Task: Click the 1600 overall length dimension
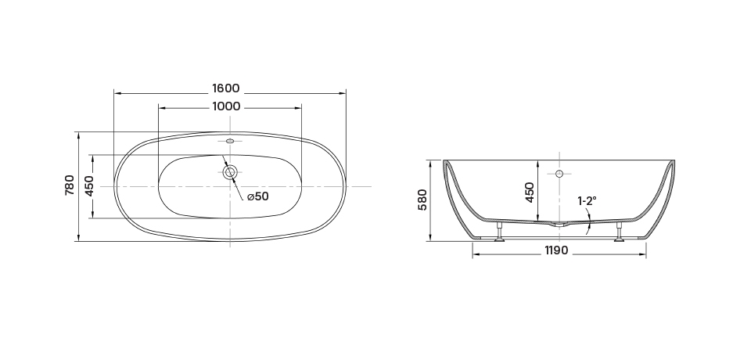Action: point(225,88)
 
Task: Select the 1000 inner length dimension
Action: point(226,106)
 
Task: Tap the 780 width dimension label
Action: point(70,185)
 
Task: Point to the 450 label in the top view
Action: point(89,186)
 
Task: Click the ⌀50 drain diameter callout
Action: point(257,196)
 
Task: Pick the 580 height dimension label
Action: point(422,200)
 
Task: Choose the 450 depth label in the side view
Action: point(530,193)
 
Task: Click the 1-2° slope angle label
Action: point(588,201)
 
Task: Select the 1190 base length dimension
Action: point(556,250)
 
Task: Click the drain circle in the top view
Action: point(230,173)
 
